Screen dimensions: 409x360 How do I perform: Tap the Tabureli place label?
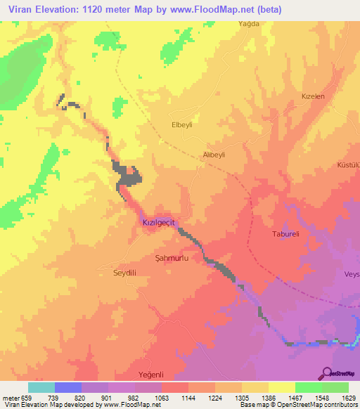point(286,234)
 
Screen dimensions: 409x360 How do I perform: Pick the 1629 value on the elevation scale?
point(348,397)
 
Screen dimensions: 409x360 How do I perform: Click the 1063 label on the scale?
point(161,397)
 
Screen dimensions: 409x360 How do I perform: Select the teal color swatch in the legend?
point(41,387)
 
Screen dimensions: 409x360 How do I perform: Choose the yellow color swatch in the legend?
point(281,387)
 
